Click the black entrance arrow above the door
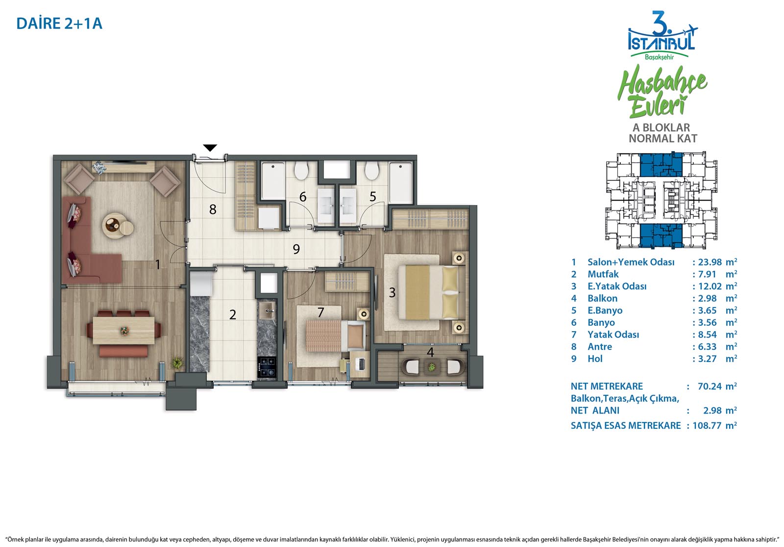[210, 148]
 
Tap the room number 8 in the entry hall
[213, 209]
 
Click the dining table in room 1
[123, 330]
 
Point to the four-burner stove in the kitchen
[267, 366]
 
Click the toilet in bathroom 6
[301, 170]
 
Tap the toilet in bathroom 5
[372, 170]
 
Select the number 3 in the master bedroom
[392, 292]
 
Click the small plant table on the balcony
[432, 367]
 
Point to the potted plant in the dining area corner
[177, 363]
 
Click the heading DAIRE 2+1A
[59, 24]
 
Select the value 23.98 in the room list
[710, 262]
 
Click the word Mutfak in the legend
[603, 274]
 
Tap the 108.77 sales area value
[707, 425]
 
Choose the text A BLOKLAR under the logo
[661, 128]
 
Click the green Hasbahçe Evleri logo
[662, 91]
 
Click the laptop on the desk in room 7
[361, 364]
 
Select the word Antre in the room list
[600, 346]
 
